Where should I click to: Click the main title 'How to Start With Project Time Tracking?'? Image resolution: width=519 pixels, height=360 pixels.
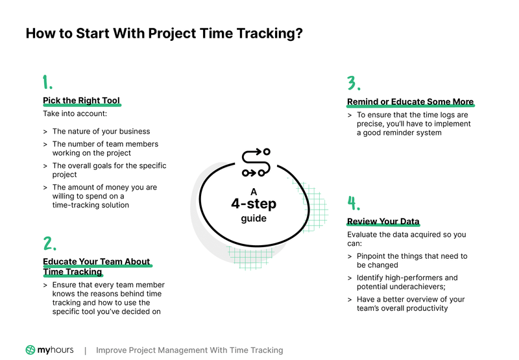point(164,33)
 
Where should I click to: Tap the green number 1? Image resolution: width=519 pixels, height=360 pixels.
point(47,82)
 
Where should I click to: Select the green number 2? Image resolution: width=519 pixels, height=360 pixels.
point(49,244)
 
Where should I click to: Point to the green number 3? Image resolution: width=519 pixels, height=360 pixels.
point(353,84)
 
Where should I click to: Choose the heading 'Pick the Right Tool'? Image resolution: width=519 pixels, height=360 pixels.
point(81,101)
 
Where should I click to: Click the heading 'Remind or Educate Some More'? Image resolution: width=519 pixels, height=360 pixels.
point(410,102)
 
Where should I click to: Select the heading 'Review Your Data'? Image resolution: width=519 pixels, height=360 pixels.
point(383,221)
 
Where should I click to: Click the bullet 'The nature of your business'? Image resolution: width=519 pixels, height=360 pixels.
point(101,131)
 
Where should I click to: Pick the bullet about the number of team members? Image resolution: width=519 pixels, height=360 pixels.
point(104,148)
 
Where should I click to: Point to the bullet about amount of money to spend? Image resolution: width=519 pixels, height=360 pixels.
point(104,196)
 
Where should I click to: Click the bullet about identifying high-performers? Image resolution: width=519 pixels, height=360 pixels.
point(407,282)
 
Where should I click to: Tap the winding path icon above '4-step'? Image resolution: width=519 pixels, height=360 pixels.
point(255,163)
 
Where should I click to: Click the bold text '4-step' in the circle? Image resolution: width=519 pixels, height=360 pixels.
point(254,204)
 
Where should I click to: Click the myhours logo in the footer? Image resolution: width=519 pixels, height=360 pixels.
point(49,350)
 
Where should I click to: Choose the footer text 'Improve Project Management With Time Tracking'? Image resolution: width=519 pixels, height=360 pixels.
point(189,350)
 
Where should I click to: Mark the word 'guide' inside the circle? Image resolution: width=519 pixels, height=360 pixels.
point(254,219)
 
